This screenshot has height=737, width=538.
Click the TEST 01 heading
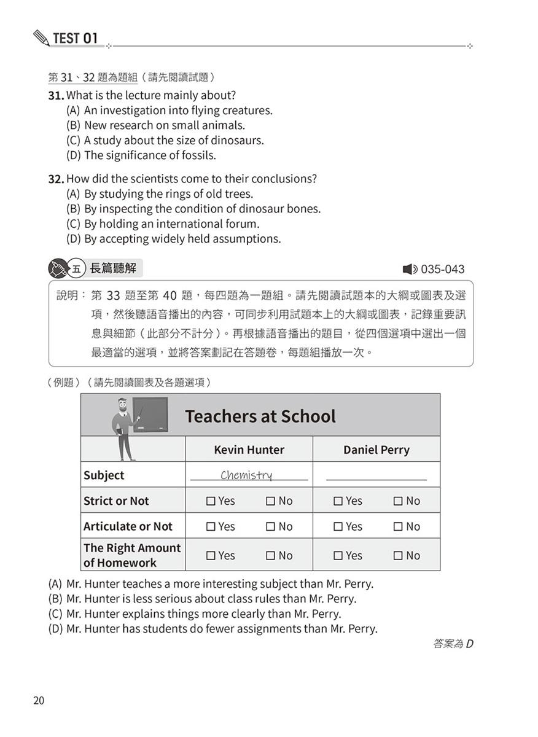[75, 38]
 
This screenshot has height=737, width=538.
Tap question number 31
[56, 96]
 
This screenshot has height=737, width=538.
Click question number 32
[56, 179]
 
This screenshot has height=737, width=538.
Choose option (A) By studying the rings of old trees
[159, 194]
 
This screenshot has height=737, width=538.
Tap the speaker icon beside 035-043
[410, 269]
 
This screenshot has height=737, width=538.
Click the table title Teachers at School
[260, 416]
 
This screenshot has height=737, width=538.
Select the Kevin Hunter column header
[249, 450]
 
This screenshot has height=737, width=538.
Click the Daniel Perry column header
[376, 450]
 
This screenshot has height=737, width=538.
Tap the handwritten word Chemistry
[246, 475]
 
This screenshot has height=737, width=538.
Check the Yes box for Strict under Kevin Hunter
[211, 501]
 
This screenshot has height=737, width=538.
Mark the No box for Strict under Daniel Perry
[398, 501]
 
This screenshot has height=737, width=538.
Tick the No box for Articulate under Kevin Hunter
[270, 527]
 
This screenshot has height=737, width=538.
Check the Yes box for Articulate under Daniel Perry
[338, 527]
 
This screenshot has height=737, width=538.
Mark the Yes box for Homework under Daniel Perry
[338, 556]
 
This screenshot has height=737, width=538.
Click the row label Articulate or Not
[128, 526]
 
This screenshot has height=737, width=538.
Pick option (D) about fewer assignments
[212, 629]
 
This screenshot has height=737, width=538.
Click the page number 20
[39, 701]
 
